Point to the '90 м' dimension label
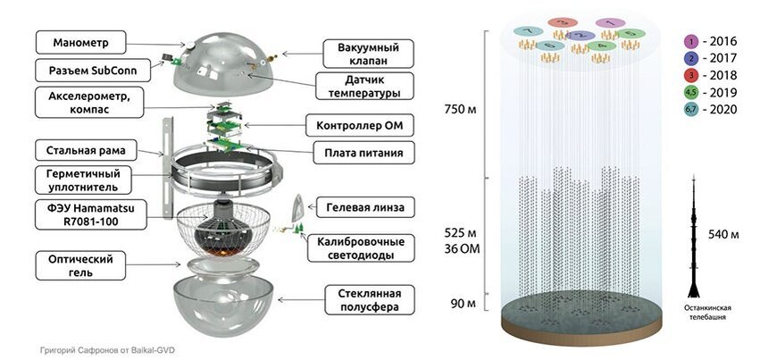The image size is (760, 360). pyautogui.click(x=463, y=304)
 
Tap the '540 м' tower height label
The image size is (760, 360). pyautogui.click(x=730, y=235)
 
